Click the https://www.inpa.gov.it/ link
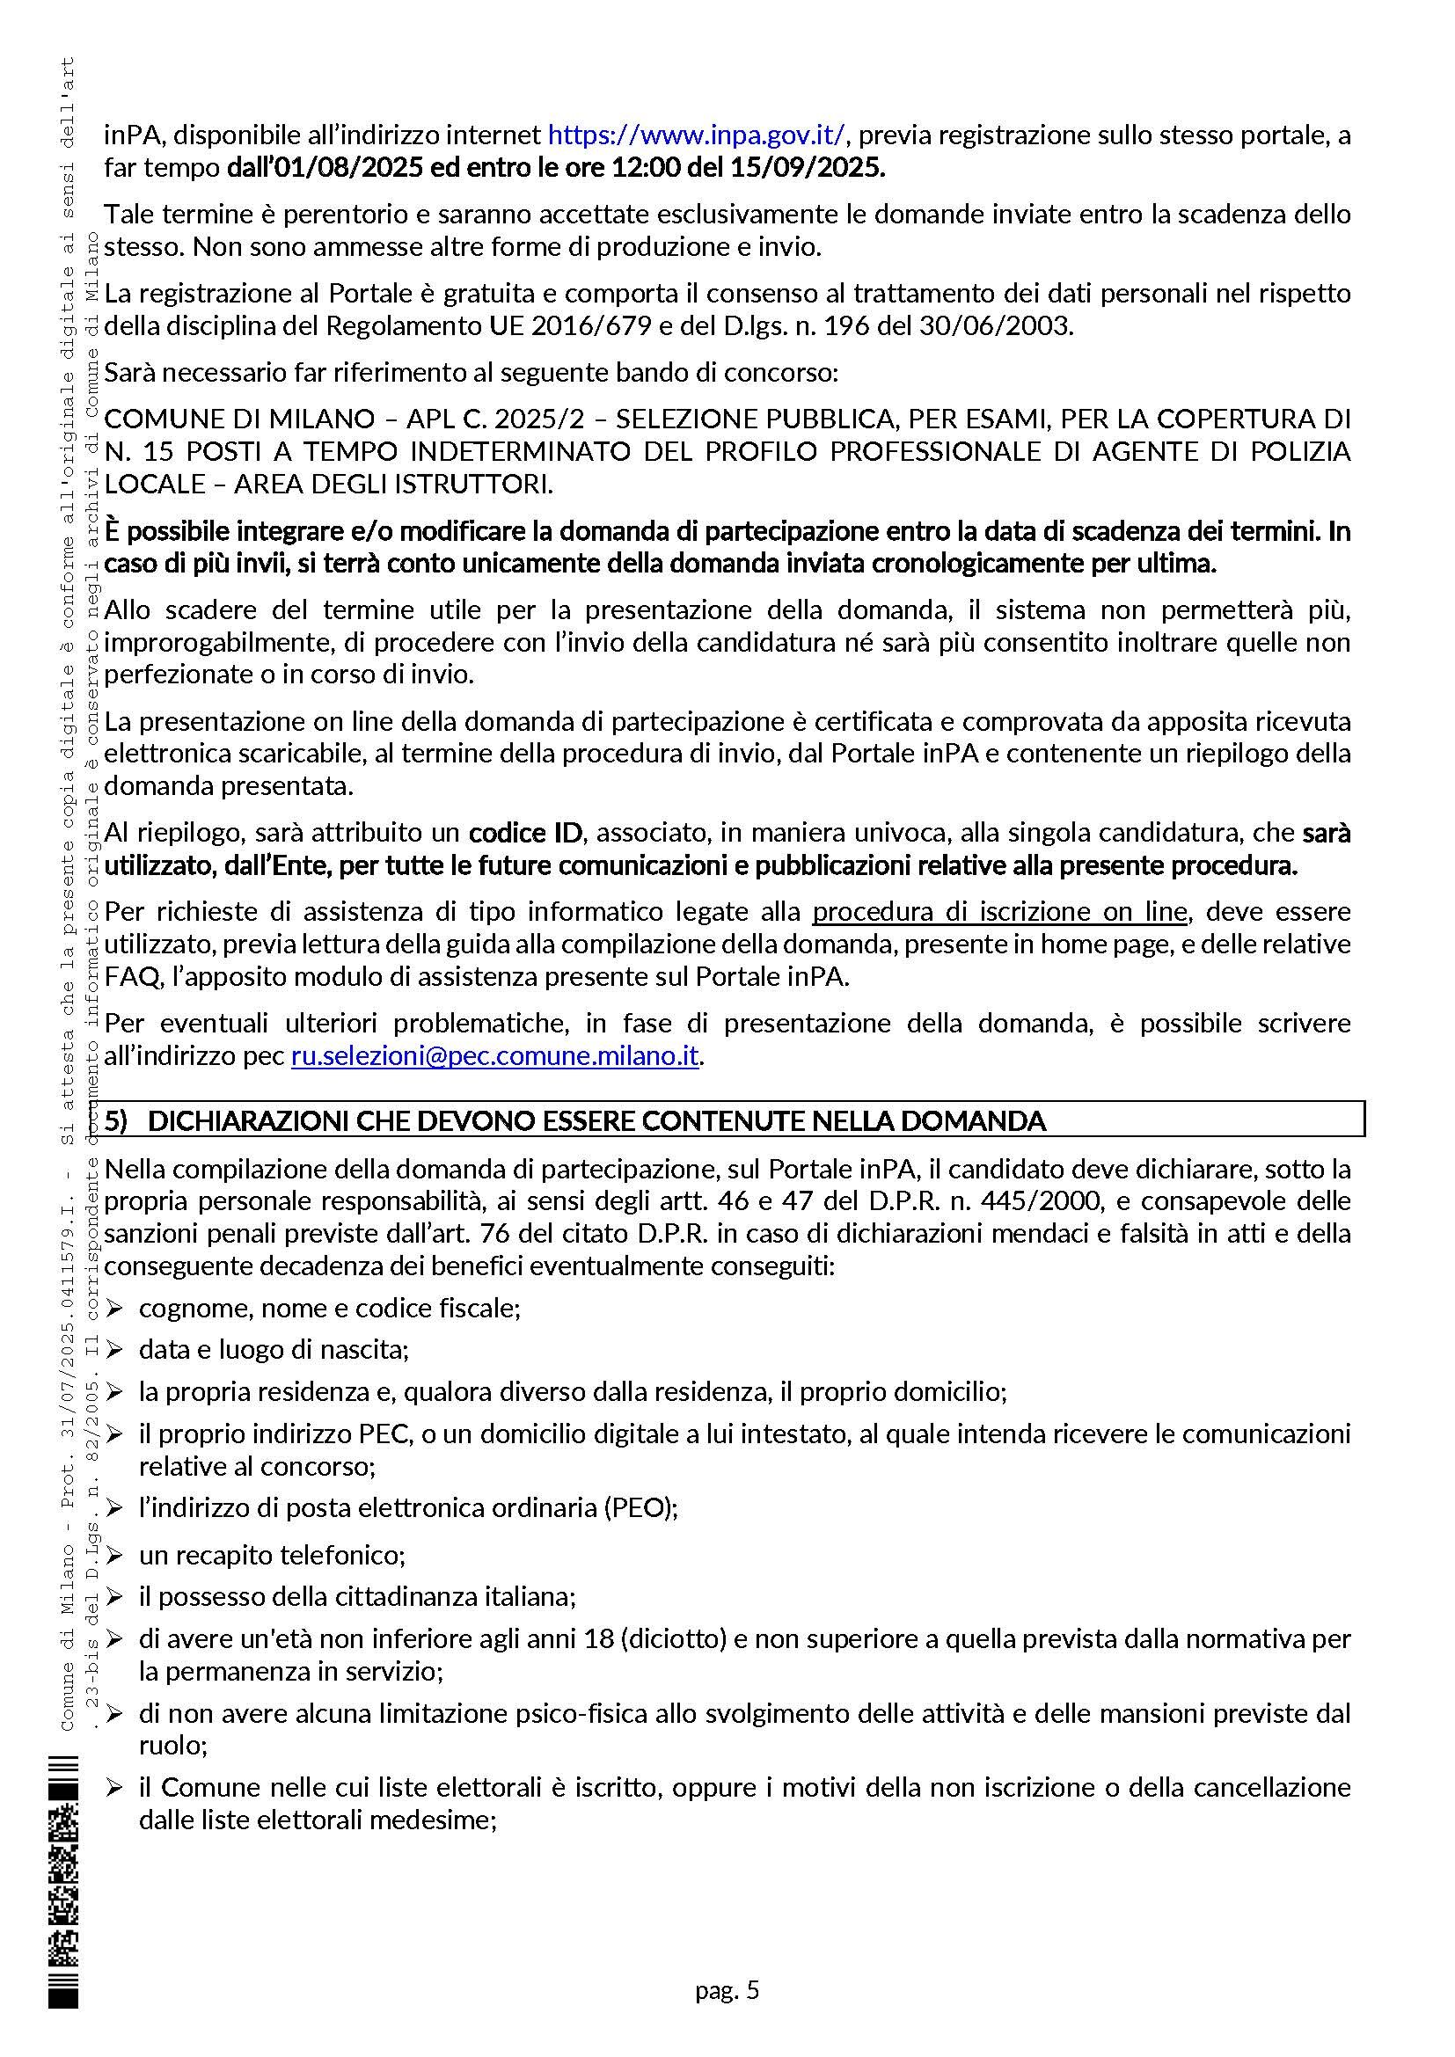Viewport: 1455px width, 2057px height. pos(695,135)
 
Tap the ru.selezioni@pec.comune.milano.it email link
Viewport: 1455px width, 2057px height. pos(494,1056)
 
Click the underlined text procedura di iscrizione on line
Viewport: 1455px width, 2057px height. pos(999,912)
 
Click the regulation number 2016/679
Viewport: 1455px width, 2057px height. pos(591,325)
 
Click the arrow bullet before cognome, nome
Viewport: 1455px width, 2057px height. pos(113,1309)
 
